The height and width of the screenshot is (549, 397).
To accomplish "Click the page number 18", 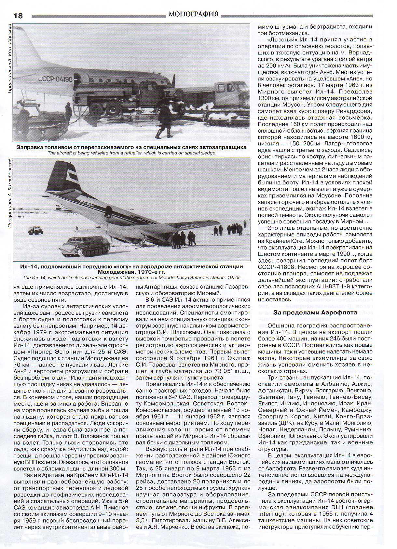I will [x=18, y=16].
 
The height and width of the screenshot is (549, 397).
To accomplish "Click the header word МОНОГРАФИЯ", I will [x=194, y=14].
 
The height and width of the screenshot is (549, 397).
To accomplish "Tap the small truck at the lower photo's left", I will [x=35, y=230].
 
